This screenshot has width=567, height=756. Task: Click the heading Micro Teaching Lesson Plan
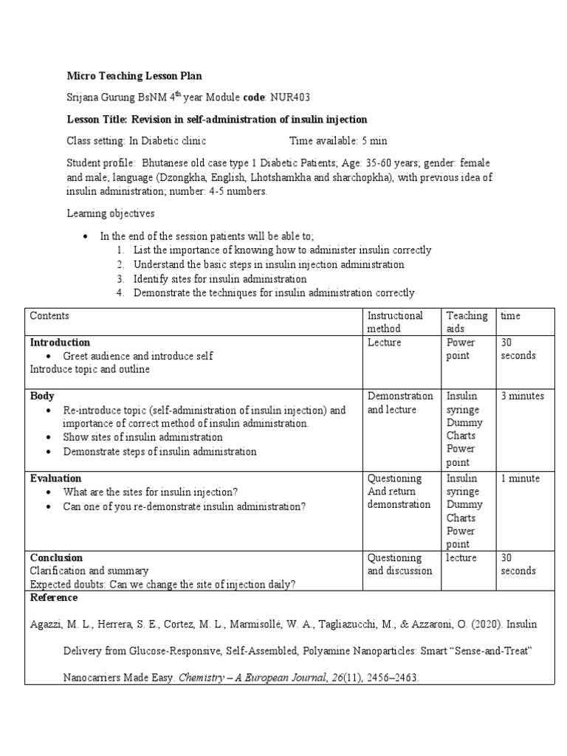click(134, 76)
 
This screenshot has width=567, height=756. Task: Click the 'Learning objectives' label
click(111, 213)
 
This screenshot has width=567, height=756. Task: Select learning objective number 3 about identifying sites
click(219, 279)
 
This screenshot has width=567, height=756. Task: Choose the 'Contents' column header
click(49, 316)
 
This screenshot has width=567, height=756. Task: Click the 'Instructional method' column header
click(395, 322)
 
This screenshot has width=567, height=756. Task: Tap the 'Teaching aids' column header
click(467, 322)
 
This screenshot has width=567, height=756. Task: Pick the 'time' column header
click(510, 316)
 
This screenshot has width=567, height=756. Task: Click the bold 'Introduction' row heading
click(60, 343)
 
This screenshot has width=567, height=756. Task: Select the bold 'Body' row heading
click(42, 396)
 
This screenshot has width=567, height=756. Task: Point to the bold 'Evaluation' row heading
click(55, 478)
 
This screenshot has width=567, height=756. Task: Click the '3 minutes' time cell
click(522, 396)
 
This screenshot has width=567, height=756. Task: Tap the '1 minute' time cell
click(520, 478)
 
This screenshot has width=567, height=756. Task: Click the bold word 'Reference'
click(53, 597)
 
